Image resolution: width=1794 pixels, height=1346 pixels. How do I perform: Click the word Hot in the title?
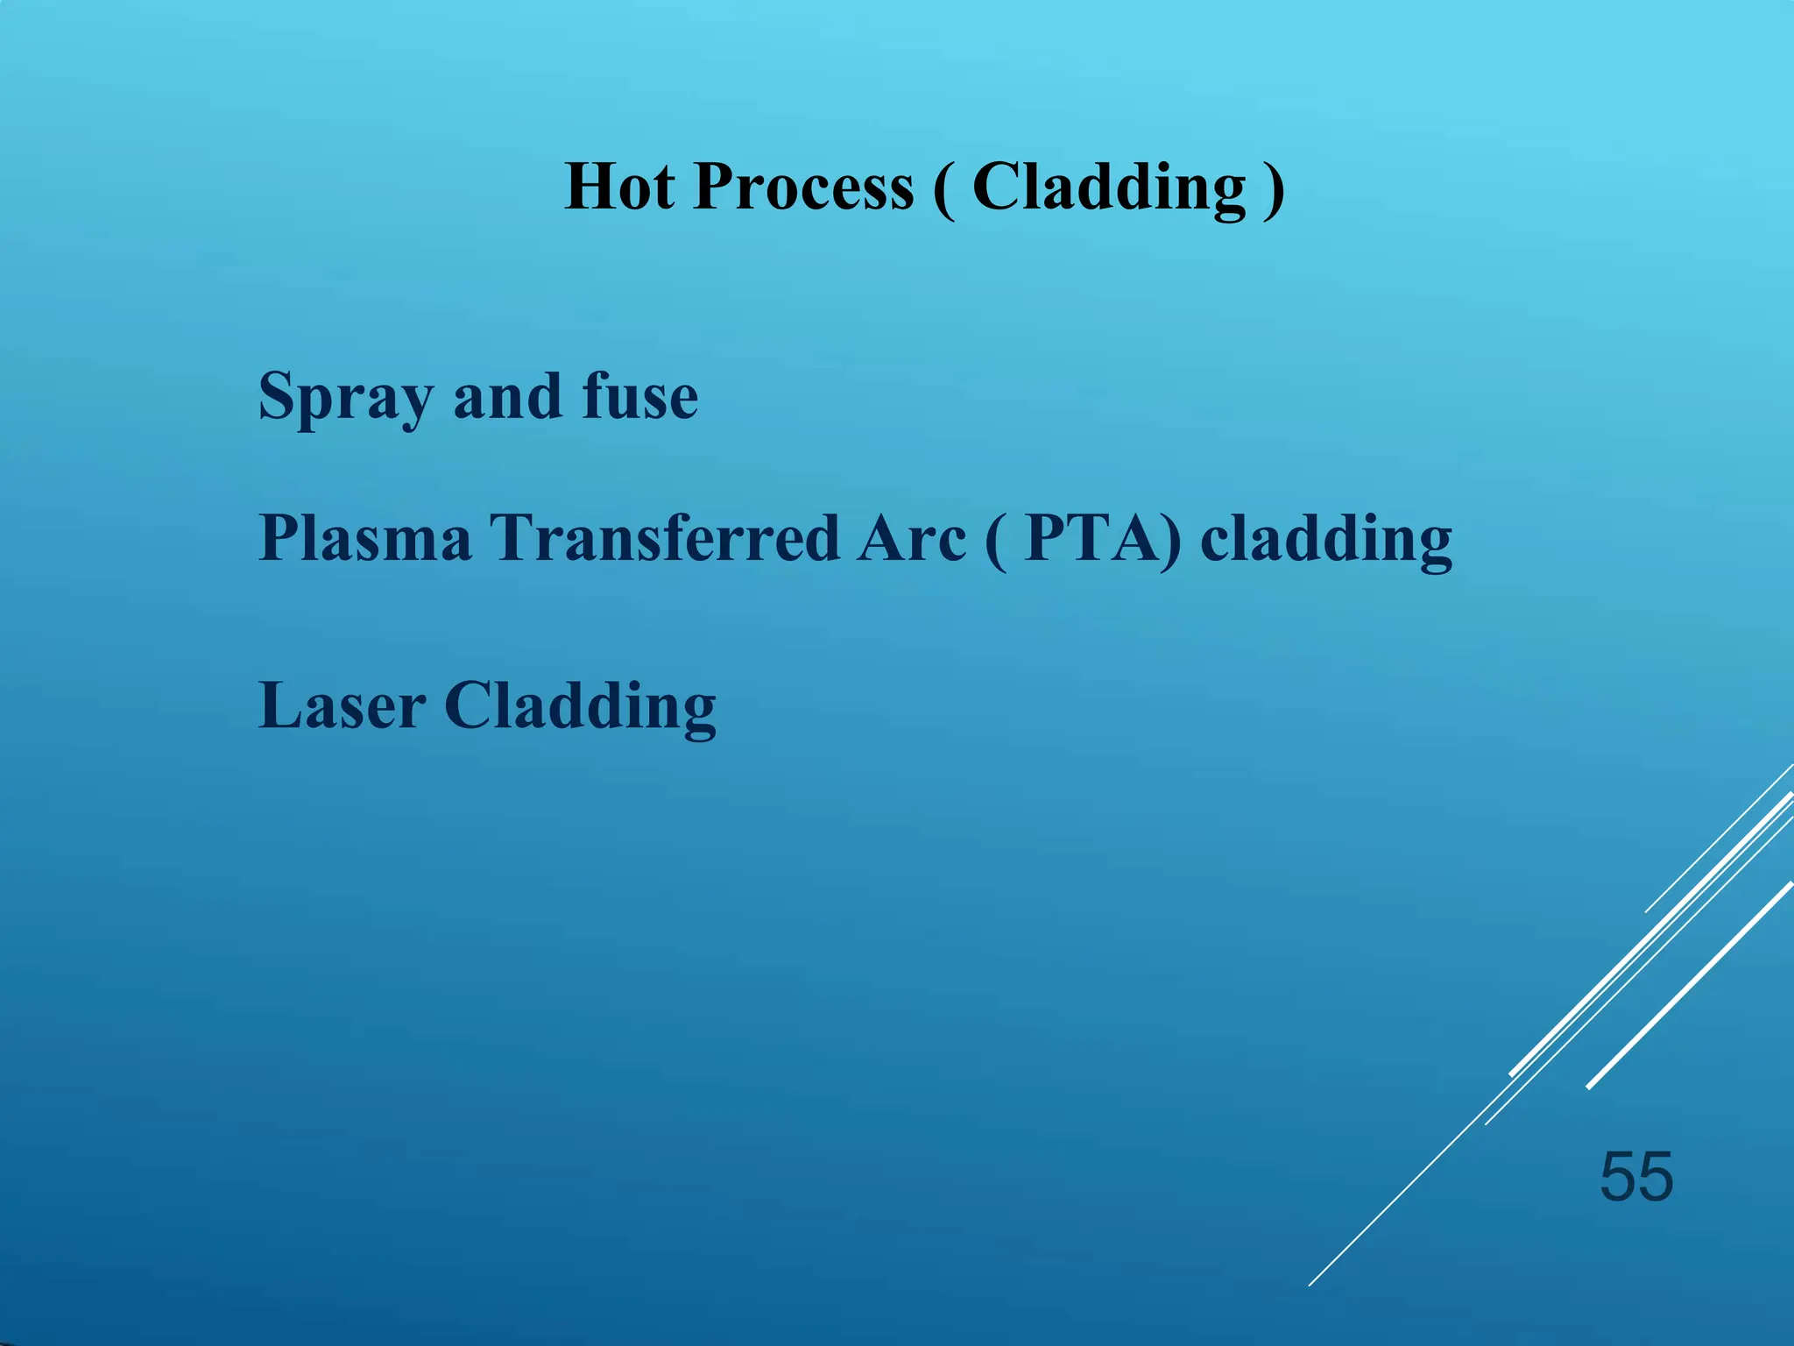pyautogui.click(x=619, y=187)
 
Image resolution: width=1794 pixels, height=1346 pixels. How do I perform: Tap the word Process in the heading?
pyautogui.click(x=803, y=187)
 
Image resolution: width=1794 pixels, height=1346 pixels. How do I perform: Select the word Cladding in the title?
pyautogui.click(x=1109, y=187)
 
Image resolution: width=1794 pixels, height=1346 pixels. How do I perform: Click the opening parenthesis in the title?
pyautogui.click(x=943, y=189)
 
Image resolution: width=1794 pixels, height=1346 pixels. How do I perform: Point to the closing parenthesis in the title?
pyautogui.click(x=1275, y=189)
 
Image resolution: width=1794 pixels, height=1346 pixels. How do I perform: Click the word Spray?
pyautogui.click(x=345, y=397)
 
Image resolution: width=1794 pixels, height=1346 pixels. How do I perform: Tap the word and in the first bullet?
pyautogui.click(x=506, y=397)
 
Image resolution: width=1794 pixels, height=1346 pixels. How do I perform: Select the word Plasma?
pyautogui.click(x=365, y=537)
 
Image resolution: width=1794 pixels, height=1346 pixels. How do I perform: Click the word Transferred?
pyautogui.click(x=664, y=537)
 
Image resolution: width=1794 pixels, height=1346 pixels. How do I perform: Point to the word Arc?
pyautogui.click(x=911, y=537)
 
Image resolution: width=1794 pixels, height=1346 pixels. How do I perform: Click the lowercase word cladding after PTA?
pyautogui.click(x=1325, y=539)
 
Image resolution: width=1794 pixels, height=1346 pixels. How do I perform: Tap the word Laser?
pyautogui.click(x=343, y=705)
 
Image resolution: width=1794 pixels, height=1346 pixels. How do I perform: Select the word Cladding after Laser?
pyautogui.click(x=580, y=705)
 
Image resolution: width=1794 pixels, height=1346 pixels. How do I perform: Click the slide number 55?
pyautogui.click(x=1636, y=1177)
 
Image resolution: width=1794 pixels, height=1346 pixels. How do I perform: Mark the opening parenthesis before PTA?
pyautogui.click(x=995, y=540)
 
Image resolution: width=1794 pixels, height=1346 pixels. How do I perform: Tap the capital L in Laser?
pyautogui.click(x=279, y=705)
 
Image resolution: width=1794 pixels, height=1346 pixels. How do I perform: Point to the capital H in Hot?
pyautogui.click(x=590, y=187)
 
